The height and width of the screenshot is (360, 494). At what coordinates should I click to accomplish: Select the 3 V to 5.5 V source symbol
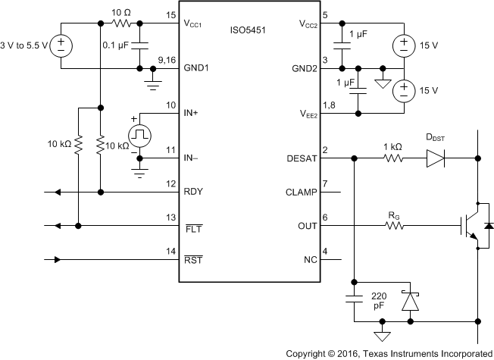pos(62,45)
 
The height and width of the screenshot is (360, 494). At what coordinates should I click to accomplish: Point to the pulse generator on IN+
pos(140,136)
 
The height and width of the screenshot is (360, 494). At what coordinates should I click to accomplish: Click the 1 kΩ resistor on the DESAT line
pos(392,159)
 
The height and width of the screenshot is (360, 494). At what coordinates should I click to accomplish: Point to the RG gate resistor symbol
pos(392,225)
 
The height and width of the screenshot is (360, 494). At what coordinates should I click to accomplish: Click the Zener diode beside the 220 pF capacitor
pos(410,301)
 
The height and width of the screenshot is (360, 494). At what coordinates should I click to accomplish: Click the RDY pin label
pos(194,193)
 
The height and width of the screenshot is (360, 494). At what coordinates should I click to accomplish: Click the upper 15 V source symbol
pos(405,45)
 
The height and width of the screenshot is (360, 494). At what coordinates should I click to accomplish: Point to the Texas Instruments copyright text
pos(389,353)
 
